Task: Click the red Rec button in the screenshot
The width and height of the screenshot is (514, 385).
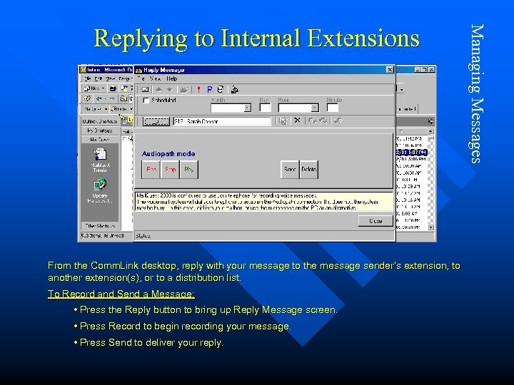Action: pyautogui.click(x=151, y=170)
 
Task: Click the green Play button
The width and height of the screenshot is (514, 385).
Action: pyautogui.click(x=189, y=170)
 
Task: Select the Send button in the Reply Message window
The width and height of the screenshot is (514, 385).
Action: pyautogui.click(x=290, y=170)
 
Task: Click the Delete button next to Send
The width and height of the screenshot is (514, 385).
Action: pyautogui.click(x=308, y=170)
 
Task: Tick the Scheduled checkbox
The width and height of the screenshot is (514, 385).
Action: pyautogui.click(x=146, y=101)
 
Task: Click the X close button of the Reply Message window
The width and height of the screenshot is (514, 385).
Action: pyautogui.click(x=390, y=70)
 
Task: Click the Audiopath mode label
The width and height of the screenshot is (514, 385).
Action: pyautogui.click(x=168, y=154)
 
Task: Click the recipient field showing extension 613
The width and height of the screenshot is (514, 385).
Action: pyautogui.click(x=221, y=121)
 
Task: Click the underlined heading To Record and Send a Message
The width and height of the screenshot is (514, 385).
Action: pyautogui.click(x=121, y=294)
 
